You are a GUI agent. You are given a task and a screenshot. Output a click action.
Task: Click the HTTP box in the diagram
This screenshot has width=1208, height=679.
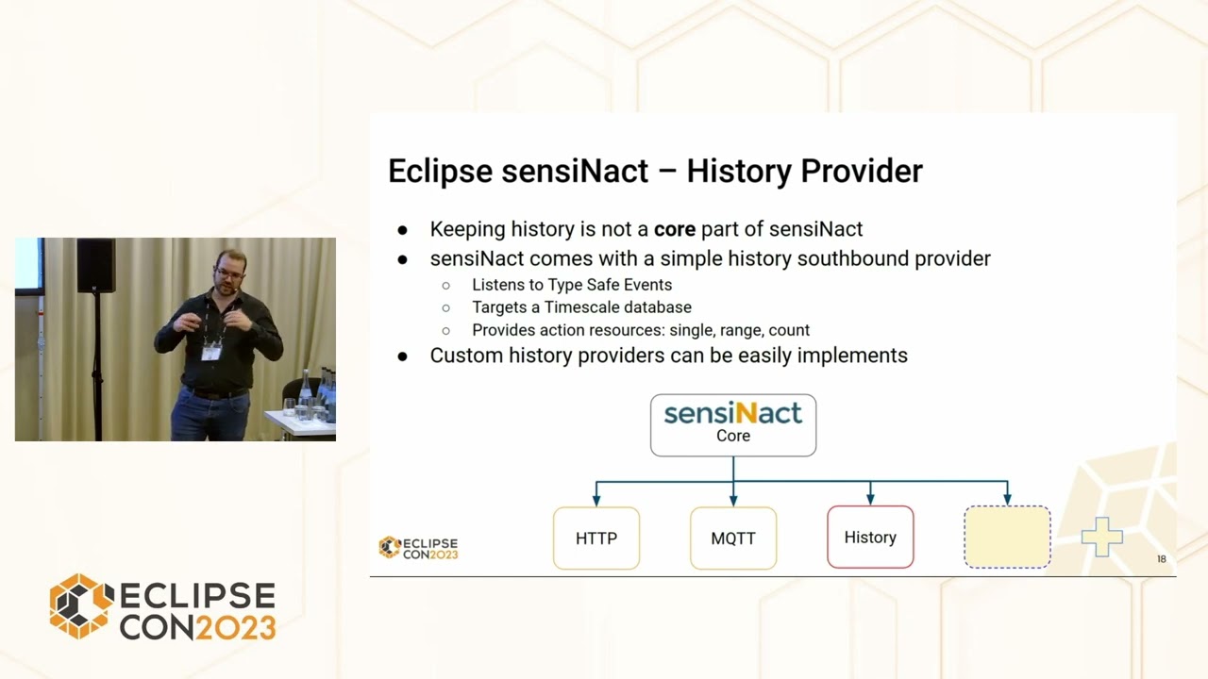pyautogui.click(x=596, y=538)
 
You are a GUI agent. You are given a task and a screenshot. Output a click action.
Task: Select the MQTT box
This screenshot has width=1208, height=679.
pyautogui.click(x=733, y=538)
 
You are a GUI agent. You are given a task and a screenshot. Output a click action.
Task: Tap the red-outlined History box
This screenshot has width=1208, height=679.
pyautogui.click(x=870, y=537)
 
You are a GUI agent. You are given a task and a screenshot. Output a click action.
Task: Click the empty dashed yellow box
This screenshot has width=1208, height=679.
pyautogui.click(x=1007, y=538)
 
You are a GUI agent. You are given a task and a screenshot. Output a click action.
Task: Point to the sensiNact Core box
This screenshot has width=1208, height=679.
pyautogui.click(x=733, y=424)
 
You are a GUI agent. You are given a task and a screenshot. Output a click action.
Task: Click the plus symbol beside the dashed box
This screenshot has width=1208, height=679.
pyautogui.click(x=1101, y=538)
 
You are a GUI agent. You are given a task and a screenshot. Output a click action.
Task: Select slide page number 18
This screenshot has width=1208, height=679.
pyautogui.click(x=1162, y=559)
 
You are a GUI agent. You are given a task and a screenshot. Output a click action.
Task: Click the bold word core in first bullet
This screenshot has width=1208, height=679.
pyautogui.click(x=675, y=229)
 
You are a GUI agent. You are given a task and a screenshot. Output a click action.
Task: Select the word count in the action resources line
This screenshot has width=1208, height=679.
pyautogui.click(x=789, y=330)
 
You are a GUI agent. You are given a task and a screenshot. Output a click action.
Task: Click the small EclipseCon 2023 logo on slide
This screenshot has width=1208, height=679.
pyautogui.click(x=418, y=548)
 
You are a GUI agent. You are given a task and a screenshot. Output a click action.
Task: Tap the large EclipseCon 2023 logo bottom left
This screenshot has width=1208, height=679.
pyautogui.click(x=162, y=606)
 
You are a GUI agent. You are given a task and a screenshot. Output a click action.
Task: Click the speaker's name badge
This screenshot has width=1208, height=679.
pyautogui.click(x=211, y=352)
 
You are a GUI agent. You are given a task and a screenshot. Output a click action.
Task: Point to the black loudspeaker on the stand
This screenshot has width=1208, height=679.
pyautogui.click(x=95, y=265)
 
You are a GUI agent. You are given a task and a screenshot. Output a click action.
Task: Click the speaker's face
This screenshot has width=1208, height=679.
pyautogui.click(x=227, y=273)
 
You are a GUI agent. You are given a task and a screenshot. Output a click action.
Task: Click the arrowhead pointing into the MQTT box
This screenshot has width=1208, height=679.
pyautogui.click(x=733, y=501)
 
